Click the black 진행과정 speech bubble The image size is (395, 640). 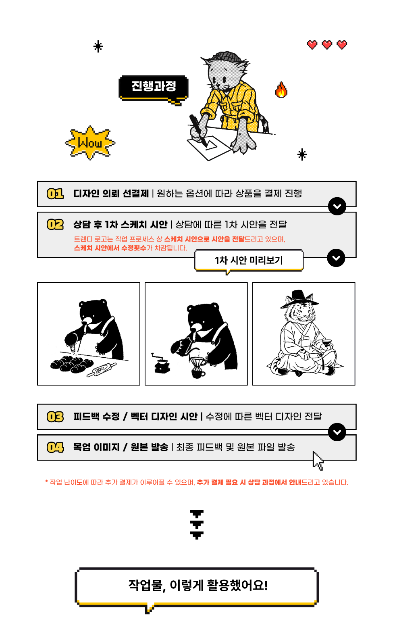(154, 88)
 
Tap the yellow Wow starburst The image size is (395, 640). (90, 143)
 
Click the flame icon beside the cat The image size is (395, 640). (281, 90)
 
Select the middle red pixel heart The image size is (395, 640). (327, 45)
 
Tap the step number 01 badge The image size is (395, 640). (55, 194)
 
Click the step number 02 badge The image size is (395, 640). (55, 224)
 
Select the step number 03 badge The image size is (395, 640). (55, 417)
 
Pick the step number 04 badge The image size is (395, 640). (55, 447)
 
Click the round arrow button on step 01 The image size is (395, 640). (337, 206)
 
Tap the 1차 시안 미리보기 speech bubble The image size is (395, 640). (248, 261)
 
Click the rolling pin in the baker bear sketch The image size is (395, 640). (102, 370)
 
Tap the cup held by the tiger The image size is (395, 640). (326, 343)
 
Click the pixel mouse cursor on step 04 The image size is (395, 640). (318, 461)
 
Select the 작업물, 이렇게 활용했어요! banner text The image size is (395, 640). (198, 585)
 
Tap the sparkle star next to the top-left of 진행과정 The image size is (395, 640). (98, 46)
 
